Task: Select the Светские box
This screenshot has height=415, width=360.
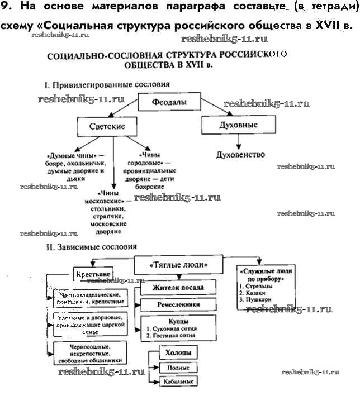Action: coord(107,126)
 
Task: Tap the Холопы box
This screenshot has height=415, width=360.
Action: coord(178,353)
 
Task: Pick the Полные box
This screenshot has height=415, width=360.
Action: coord(178,368)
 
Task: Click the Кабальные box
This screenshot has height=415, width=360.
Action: coord(178,383)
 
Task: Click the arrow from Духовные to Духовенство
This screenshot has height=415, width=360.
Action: coord(232,142)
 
